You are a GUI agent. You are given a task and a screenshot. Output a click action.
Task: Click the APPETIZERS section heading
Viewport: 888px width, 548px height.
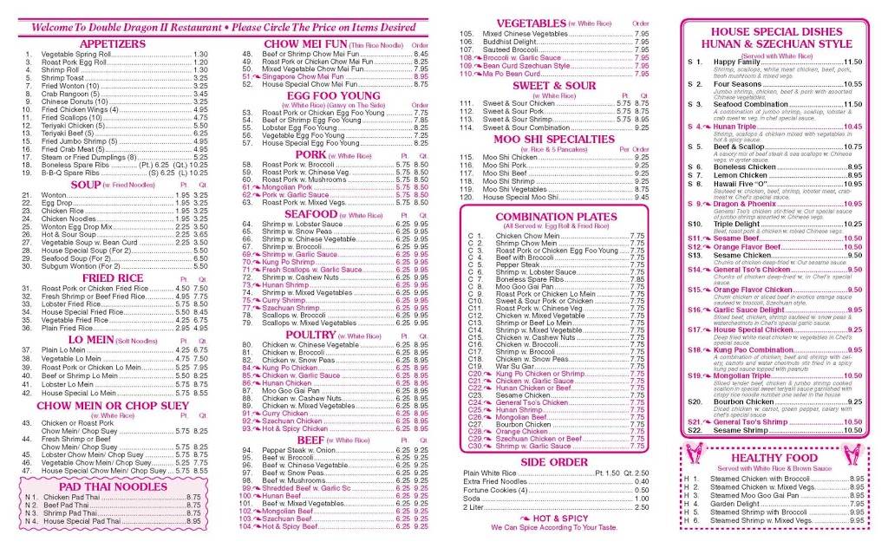tap(112, 43)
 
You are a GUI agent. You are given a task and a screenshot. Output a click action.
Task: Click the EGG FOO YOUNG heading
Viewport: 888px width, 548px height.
tap(334, 95)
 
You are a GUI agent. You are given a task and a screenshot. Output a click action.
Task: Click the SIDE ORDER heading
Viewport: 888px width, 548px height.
tap(555, 462)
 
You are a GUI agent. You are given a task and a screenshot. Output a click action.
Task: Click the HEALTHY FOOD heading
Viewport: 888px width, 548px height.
tap(774, 457)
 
